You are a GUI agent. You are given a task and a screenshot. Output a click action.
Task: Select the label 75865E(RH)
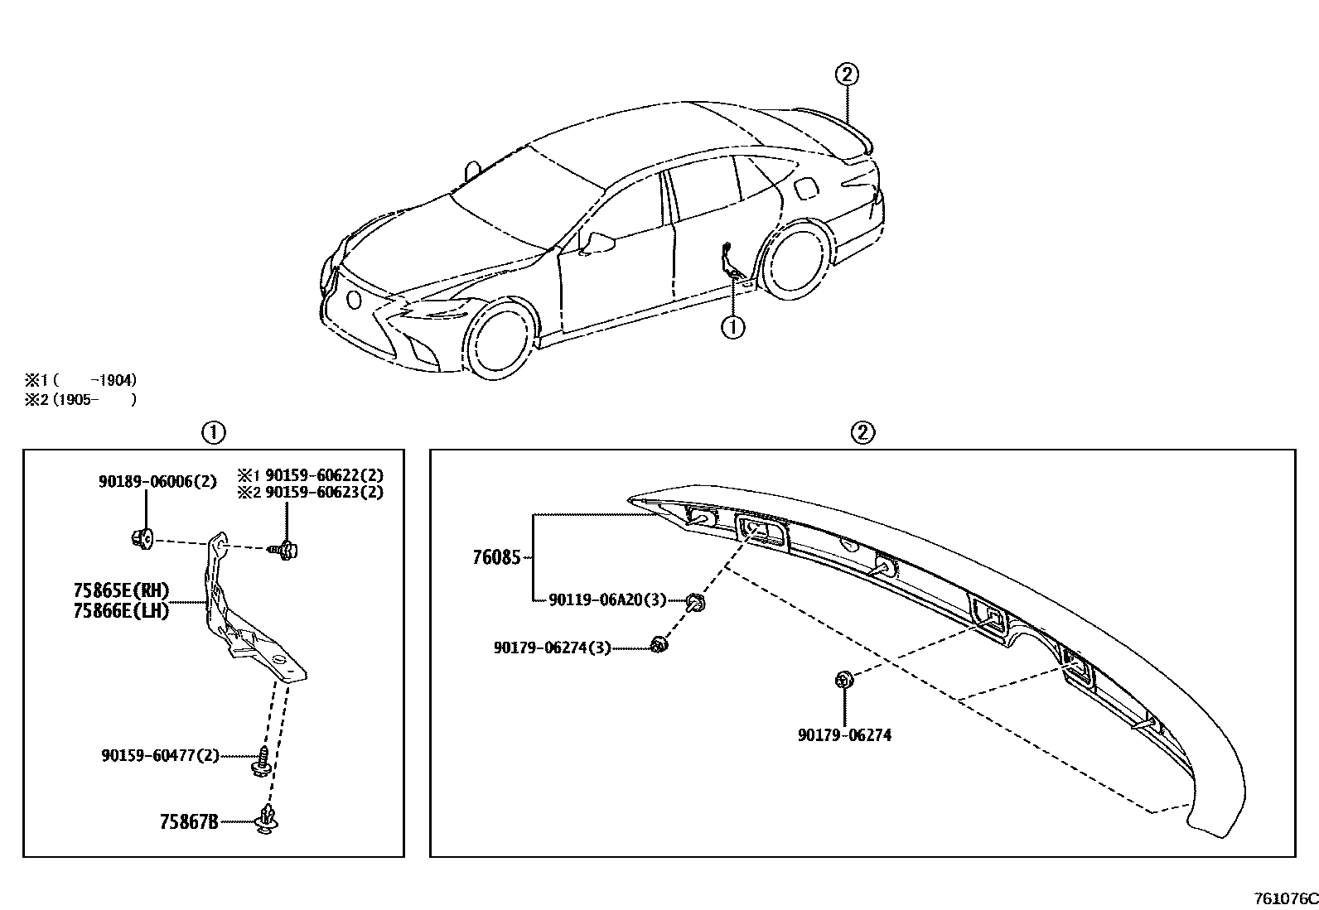point(121,590)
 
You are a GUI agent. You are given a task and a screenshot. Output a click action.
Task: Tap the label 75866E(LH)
point(121,611)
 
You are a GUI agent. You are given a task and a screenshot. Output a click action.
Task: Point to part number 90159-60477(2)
point(160,755)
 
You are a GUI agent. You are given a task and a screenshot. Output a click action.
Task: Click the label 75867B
point(189,822)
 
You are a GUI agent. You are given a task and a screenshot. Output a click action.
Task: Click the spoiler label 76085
point(496,557)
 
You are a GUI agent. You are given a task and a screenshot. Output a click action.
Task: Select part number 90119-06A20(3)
point(606,599)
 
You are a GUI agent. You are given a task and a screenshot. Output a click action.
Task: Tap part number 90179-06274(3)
point(552,648)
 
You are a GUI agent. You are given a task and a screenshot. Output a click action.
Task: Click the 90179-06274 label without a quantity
point(844,734)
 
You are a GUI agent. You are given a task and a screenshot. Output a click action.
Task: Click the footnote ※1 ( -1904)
point(80,381)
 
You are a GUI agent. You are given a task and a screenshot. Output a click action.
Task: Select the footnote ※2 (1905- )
point(80,399)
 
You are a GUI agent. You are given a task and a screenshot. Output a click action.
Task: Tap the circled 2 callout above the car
point(846,75)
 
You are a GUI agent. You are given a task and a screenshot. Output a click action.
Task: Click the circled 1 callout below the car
point(733,327)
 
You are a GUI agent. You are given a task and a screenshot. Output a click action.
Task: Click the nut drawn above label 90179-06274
point(844,681)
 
